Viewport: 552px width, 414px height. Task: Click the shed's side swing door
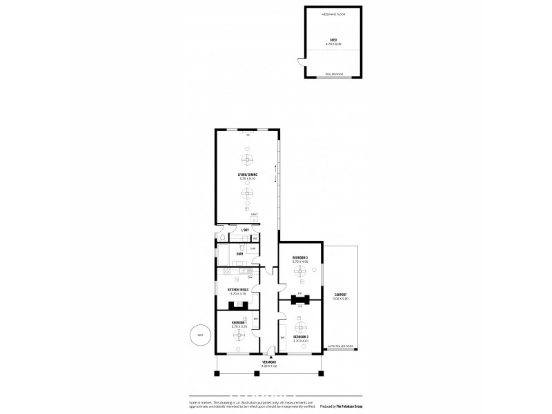point(299,63)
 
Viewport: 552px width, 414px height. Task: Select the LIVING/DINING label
point(246,175)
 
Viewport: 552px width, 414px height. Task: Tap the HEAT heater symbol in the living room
point(254,215)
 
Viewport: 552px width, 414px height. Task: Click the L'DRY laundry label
point(244,230)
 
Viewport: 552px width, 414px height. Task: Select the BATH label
point(239,254)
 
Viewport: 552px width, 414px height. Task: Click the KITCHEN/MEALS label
point(238,290)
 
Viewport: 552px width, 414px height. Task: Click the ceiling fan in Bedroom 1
point(239,336)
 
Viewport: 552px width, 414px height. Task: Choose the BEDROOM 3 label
point(299,258)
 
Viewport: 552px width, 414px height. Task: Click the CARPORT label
point(340,295)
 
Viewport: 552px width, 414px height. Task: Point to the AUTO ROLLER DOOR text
point(340,346)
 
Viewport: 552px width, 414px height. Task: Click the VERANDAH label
point(269,362)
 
